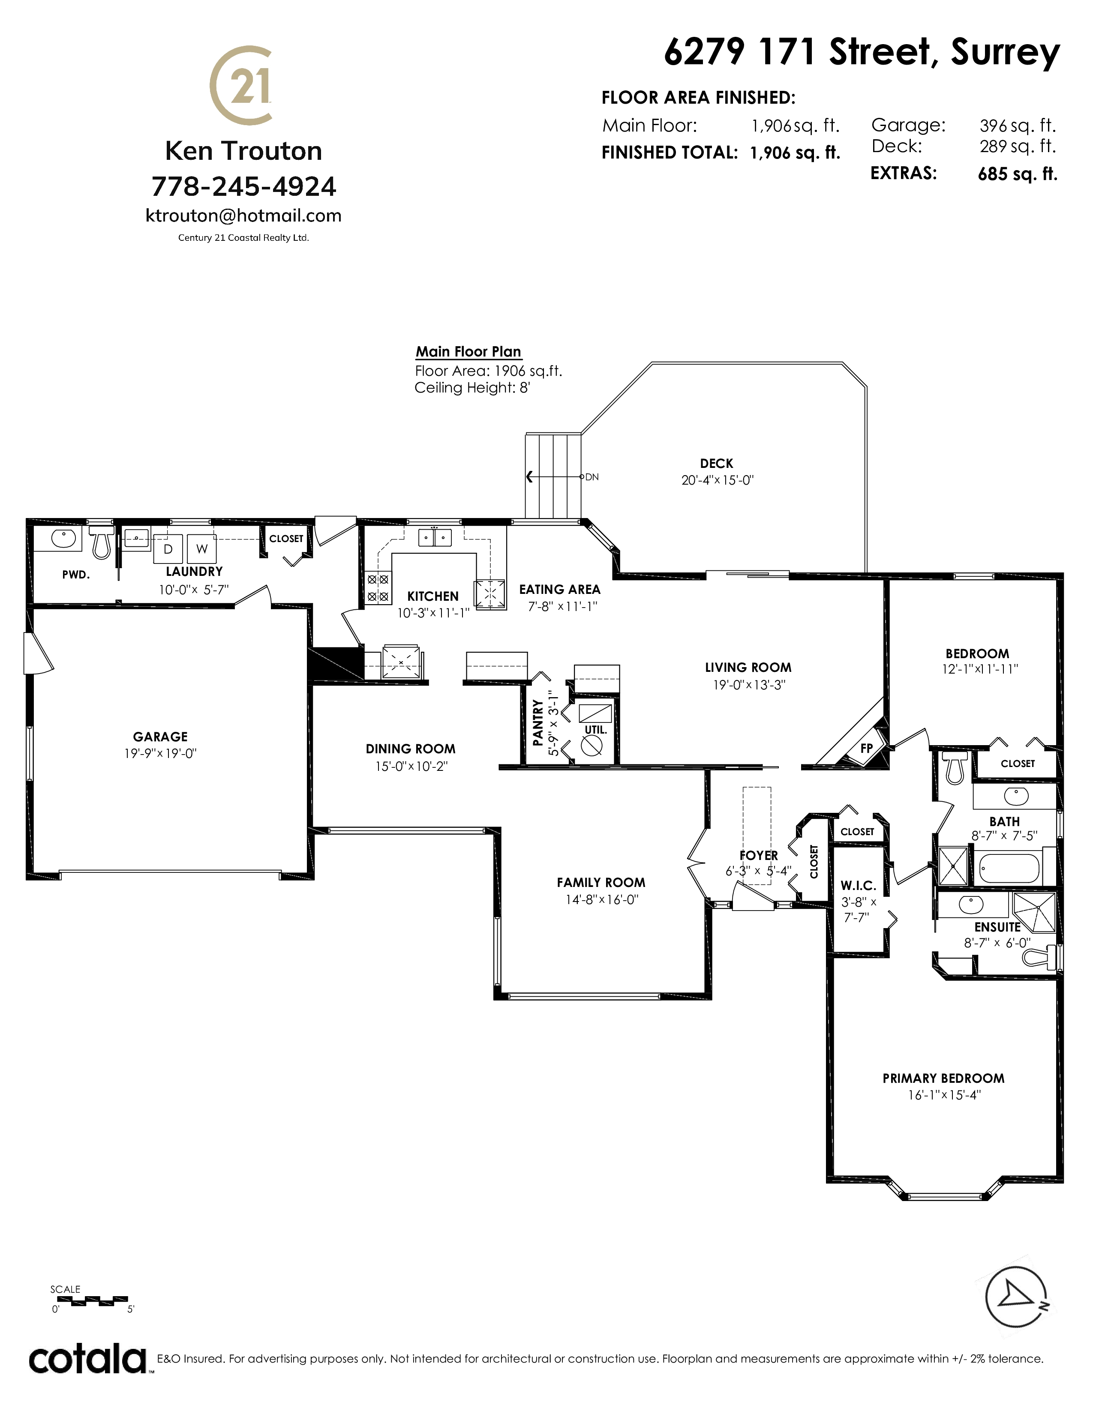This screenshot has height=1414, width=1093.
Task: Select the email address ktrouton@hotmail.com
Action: [x=243, y=216]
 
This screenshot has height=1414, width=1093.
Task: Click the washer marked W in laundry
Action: [x=202, y=549]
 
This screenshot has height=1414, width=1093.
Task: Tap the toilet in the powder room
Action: [x=100, y=541]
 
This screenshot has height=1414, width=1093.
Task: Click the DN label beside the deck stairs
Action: [x=592, y=477]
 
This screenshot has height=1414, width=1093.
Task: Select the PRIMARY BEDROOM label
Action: [x=943, y=1078]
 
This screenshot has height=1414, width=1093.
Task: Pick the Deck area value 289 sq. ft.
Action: [x=1017, y=146]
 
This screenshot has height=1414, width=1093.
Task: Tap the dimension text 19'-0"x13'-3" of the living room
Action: [x=748, y=684]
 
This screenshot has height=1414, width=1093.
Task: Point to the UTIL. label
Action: [x=596, y=730]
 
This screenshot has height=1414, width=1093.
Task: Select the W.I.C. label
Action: [x=858, y=886]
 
